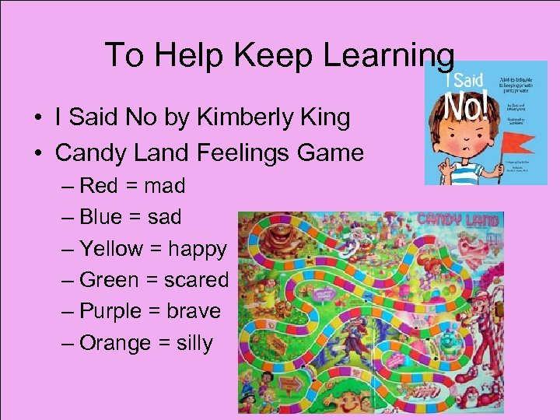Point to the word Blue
tap(101, 217)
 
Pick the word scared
tap(196, 280)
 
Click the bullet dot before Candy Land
tap(37, 153)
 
